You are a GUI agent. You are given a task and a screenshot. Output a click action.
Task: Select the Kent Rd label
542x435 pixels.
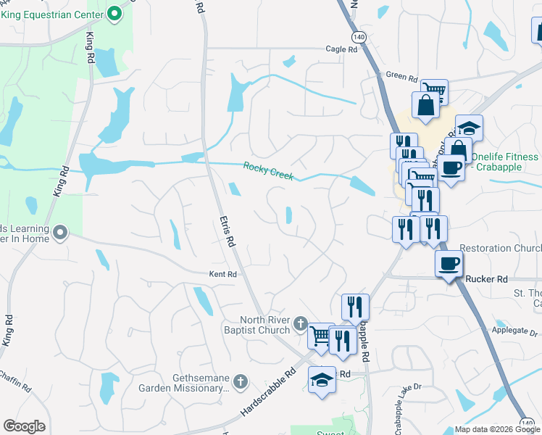(x=222, y=274)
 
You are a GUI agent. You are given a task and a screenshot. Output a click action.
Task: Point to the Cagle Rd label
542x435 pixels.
(x=342, y=49)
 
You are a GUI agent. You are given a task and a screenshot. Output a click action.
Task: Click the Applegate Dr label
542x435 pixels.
(x=514, y=330)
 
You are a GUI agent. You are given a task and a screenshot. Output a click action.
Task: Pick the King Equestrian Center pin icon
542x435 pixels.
(x=114, y=12)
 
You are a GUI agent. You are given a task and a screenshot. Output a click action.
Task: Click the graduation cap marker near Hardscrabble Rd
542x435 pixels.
(x=322, y=379)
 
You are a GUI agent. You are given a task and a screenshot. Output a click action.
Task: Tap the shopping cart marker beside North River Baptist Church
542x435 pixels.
(x=320, y=335)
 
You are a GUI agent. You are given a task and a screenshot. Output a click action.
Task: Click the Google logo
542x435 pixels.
(x=24, y=426)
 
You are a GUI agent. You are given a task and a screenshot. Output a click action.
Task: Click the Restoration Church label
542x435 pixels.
(x=500, y=248)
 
